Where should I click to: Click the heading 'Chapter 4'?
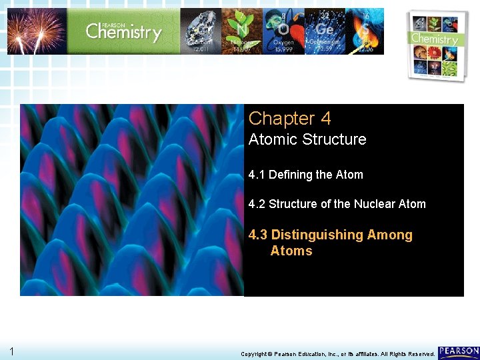point(289,119)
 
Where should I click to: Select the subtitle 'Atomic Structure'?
point(307,139)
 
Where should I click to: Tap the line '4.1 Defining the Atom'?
point(306,175)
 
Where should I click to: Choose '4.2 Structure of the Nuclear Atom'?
point(337,204)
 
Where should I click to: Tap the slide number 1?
point(13,351)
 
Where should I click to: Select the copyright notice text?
point(338,354)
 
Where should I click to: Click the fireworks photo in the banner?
point(37,31)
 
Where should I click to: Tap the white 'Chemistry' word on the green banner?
point(124,31)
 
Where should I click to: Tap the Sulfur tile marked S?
point(364,31)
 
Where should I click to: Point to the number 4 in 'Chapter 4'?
point(325,119)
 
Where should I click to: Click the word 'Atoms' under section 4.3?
point(291,251)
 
